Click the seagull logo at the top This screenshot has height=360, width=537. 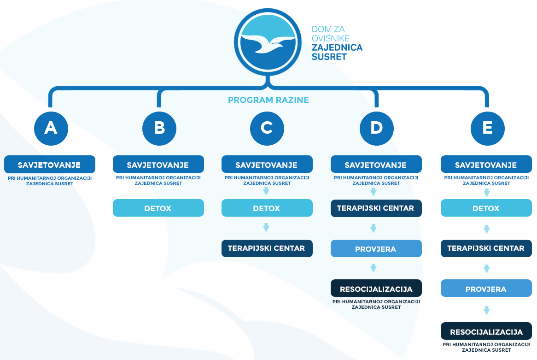click(x=268, y=42)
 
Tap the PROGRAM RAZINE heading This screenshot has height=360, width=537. click(x=268, y=100)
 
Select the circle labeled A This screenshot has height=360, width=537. click(x=51, y=129)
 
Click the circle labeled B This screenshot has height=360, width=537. click(x=159, y=129)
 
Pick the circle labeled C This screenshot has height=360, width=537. click(x=267, y=129)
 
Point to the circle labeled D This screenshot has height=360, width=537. click(x=377, y=129)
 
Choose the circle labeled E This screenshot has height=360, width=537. click(x=488, y=129)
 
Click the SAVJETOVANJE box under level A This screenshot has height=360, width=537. click(x=50, y=165)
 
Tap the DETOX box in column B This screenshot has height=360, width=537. click(x=158, y=208)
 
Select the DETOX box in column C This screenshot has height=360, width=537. click(x=267, y=208)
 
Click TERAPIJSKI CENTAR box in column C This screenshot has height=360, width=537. click(x=267, y=248)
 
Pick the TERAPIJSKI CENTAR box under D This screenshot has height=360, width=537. click(x=376, y=208)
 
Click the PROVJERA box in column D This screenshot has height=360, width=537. click(x=376, y=248)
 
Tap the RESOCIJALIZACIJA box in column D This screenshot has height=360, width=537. click(x=376, y=289)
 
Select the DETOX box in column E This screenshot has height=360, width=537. click(x=486, y=208)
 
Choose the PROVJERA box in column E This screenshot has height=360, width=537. click(x=486, y=289)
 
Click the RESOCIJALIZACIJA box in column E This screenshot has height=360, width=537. click(x=486, y=331)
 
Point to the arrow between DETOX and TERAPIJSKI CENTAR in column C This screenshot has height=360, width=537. click(x=266, y=227)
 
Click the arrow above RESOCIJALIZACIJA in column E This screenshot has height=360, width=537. click(x=487, y=310)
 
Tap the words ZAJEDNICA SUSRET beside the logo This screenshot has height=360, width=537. click(x=337, y=52)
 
